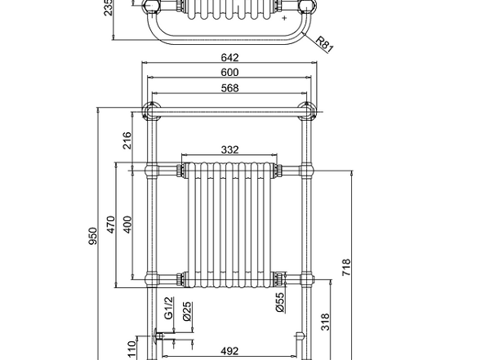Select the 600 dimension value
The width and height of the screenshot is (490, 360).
pos(229,72)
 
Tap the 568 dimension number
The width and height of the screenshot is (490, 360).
pos(229,88)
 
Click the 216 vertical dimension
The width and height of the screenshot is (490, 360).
pos(127,140)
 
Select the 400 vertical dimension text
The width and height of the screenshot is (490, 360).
pos(127,225)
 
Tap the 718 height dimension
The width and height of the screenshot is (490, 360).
pos(346,267)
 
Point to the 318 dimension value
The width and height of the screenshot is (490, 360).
pos(324,322)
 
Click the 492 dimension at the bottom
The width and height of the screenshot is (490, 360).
pos(229,353)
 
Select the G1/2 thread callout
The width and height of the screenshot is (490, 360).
pos(169,309)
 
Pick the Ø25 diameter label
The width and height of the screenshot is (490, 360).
pos(187,310)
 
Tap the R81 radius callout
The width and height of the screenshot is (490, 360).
pos(323,42)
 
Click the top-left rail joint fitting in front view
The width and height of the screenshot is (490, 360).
pos(152,109)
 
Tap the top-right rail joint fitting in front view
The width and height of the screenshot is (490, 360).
pos(307,109)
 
